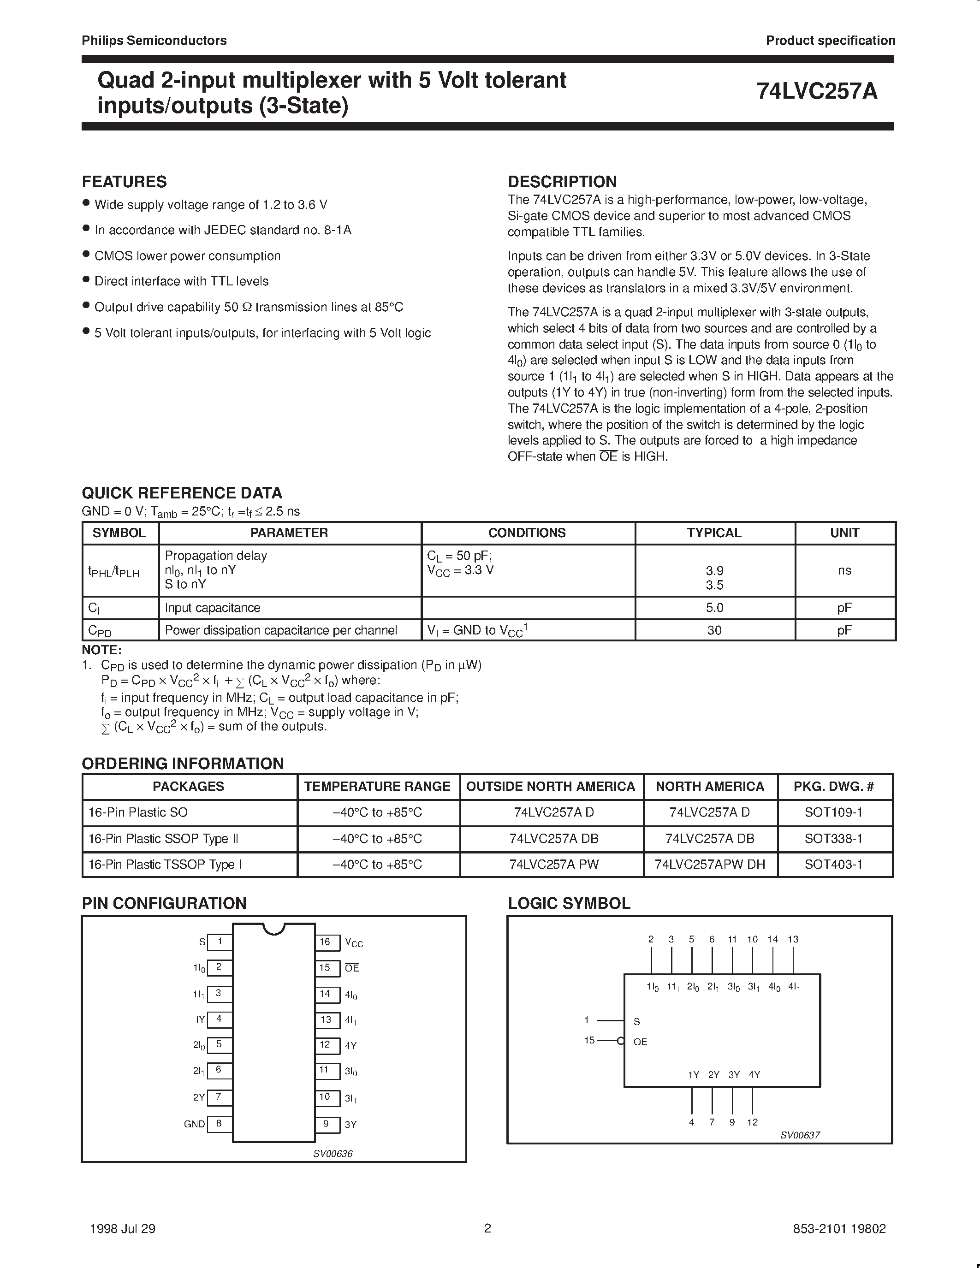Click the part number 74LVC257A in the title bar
(x=817, y=92)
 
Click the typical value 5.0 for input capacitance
(x=714, y=608)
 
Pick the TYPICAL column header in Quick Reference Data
(x=714, y=533)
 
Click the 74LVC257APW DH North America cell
(x=709, y=865)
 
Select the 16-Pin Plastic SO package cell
(x=138, y=812)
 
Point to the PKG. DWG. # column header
(x=833, y=786)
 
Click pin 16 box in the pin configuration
(x=326, y=942)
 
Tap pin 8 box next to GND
(x=219, y=1123)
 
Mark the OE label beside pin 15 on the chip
(x=352, y=968)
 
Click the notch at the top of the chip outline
(x=274, y=928)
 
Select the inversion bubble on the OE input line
(x=621, y=1041)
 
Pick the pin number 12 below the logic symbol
(x=753, y=1122)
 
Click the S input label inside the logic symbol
(x=637, y=1021)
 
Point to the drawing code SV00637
(x=799, y=1135)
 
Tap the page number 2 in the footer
(x=487, y=1228)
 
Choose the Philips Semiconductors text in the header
(x=154, y=41)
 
